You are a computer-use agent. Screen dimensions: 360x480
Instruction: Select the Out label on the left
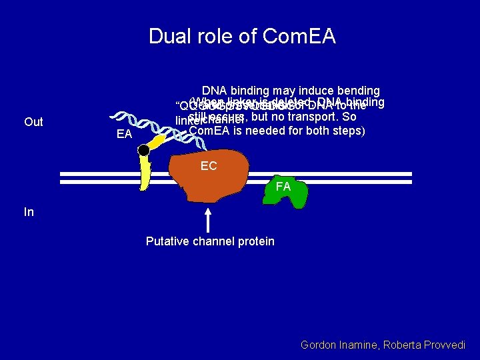pos(33,121)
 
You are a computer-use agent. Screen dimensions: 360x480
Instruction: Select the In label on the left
pos(29,212)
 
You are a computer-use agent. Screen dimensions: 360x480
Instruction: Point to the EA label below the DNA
pos(124,135)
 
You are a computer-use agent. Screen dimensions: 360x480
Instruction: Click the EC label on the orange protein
pos(209,165)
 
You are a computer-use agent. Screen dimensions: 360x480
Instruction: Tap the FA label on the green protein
pos(283,187)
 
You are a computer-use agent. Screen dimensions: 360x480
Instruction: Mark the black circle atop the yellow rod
pos(143,151)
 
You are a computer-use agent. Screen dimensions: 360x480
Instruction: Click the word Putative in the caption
pos(167,241)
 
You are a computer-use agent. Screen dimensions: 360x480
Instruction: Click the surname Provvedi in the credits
pos(443,345)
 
